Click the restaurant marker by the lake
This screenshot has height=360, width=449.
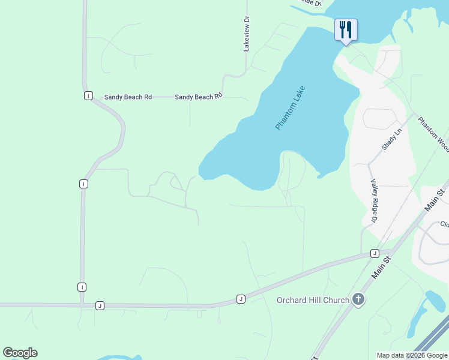point(346,29)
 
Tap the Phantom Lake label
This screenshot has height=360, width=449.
point(291,109)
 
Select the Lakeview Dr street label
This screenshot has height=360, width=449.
point(246,34)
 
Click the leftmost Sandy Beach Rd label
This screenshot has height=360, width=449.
point(128,97)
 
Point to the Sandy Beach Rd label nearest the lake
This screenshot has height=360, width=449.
point(199,96)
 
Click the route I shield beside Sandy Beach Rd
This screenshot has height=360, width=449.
point(88,96)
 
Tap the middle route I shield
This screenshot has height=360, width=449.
point(83,184)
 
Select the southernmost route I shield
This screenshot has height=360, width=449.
point(82,287)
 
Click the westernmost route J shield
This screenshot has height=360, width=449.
point(100,306)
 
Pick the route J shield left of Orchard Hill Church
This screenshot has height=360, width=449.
point(241,299)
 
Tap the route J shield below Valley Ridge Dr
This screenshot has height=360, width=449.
point(374,253)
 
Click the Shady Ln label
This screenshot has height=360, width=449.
point(391,139)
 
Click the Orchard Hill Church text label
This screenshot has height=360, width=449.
point(312,300)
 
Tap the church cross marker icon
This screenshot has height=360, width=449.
point(358,299)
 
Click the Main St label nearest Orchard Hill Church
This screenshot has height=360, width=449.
point(382,268)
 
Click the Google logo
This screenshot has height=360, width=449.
point(20,353)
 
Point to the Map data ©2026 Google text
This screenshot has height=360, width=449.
point(412,355)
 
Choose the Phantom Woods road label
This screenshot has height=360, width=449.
point(433,133)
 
